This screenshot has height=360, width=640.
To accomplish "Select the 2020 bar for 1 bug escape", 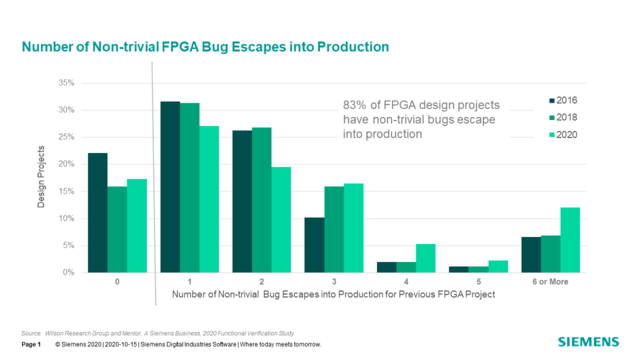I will coord(209,199).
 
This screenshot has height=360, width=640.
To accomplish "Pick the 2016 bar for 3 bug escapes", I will coord(314,245).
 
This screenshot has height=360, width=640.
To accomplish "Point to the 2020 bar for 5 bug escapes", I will coord(498,267).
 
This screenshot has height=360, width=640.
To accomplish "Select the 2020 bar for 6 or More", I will coord(570,240).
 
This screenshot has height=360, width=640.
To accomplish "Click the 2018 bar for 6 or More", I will coord(550,254).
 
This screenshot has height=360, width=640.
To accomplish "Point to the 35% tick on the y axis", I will coord(66,83).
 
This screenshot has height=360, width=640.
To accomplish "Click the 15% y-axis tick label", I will coord(66,192).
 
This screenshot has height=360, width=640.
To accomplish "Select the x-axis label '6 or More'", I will coord(550,282).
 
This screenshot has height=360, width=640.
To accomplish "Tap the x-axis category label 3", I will coord(334,282).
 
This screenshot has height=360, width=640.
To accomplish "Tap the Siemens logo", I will coord(589,342).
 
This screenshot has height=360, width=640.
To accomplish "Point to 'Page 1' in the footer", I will coord(31,345).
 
